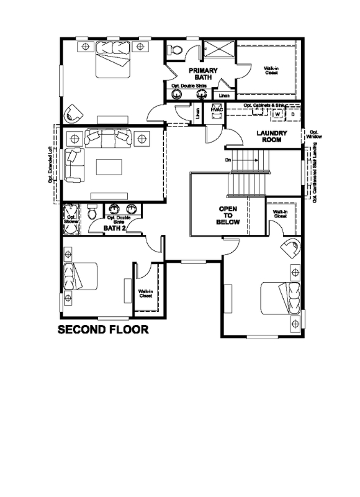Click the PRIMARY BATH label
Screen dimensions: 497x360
pyautogui.click(x=203, y=74)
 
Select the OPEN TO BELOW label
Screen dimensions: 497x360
pyautogui.click(x=228, y=215)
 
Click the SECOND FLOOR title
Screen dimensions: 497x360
pyautogui.click(x=103, y=330)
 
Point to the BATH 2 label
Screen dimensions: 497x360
pyautogui.click(x=115, y=228)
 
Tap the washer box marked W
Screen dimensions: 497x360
pyautogui.click(x=277, y=114)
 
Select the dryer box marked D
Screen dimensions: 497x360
pyautogui.click(x=292, y=114)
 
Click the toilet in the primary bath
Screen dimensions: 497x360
pyautogui.click(x=176, y=50)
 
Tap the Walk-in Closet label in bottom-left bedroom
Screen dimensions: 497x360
pyautogui.click(x=146, y=293)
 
